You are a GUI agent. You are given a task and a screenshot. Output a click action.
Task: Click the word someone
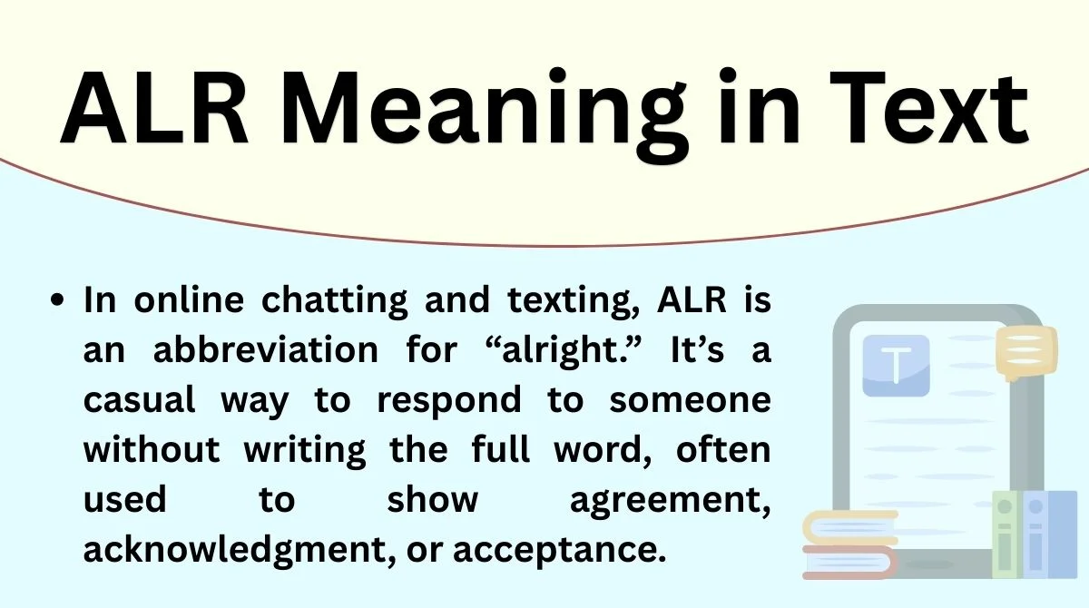690,401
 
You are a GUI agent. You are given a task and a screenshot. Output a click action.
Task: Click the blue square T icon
896,365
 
